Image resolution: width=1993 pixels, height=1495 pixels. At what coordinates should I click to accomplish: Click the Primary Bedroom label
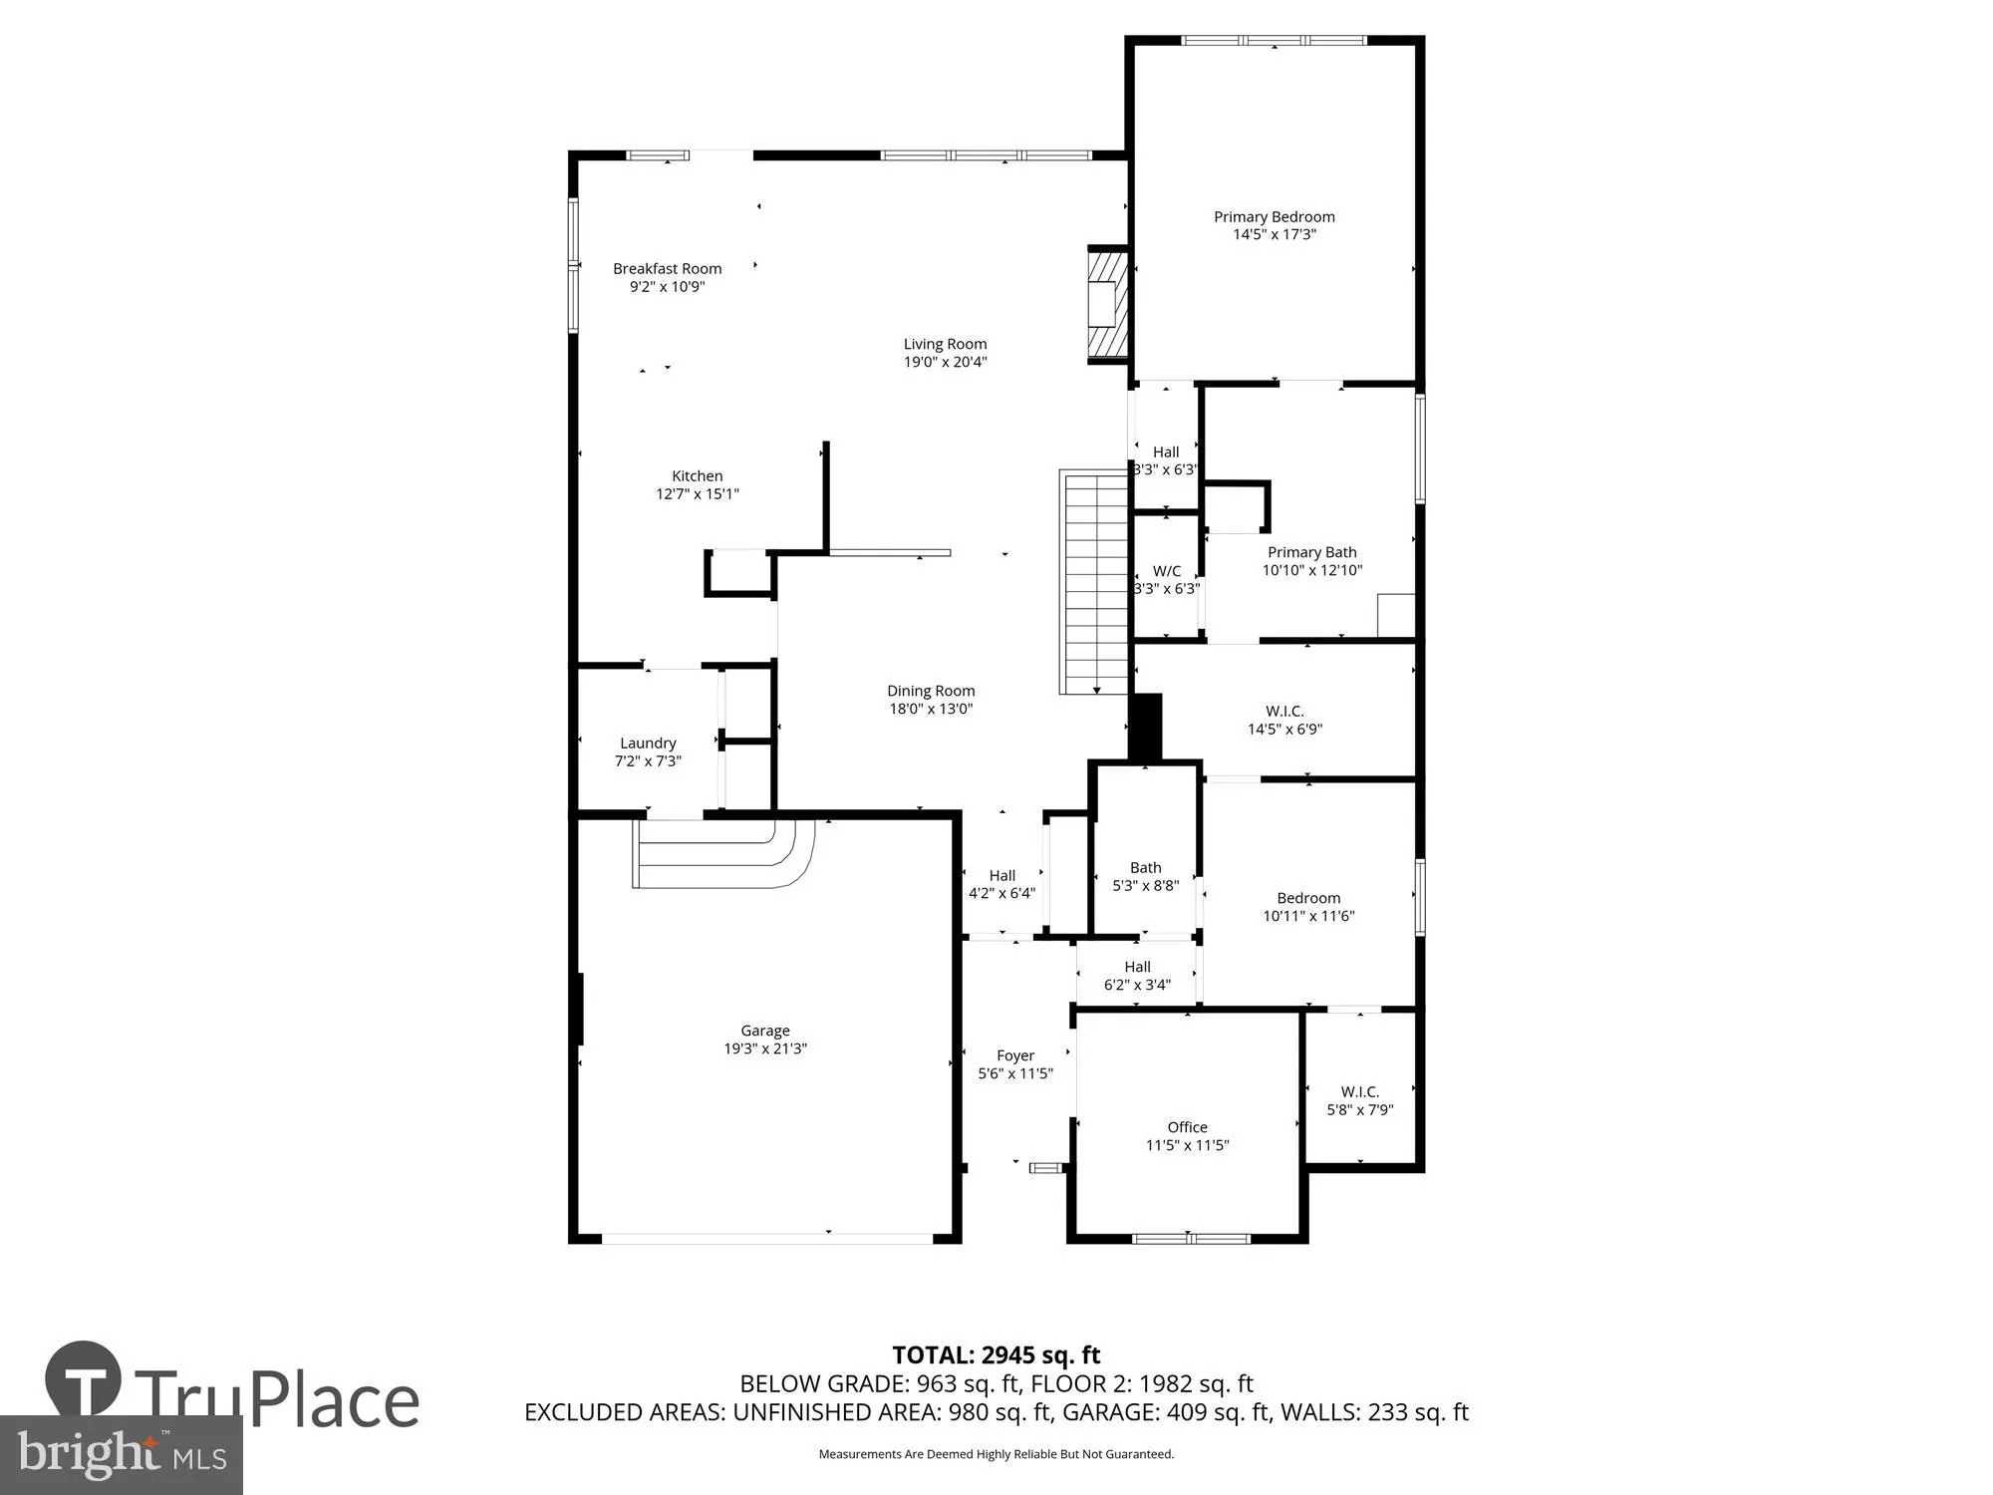(1274, 217)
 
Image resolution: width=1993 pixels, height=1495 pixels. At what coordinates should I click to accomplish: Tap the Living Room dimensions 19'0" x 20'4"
(945, 363)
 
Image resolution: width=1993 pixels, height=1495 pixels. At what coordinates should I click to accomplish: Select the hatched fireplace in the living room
(1107, 304)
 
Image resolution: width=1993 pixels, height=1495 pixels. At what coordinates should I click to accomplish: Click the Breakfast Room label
(667, 269)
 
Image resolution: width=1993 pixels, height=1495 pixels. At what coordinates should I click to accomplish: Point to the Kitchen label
(697, 476)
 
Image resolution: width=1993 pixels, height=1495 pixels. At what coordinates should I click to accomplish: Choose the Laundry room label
(648, 744)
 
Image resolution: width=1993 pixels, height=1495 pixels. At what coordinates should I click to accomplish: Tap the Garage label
(764, 1031)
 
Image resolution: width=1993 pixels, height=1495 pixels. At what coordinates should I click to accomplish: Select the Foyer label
(1015, 1055)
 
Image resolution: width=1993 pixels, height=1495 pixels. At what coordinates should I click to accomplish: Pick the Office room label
(1187, 1127)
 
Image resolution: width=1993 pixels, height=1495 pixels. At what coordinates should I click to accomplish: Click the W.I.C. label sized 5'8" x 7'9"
(1359, 1092)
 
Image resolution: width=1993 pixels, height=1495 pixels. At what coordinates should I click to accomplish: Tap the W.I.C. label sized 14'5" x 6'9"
(1284, 712)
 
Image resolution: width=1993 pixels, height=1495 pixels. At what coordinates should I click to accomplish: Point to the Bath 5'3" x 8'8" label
(1145, 868)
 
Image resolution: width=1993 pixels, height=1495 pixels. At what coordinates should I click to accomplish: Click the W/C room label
(1166, 571)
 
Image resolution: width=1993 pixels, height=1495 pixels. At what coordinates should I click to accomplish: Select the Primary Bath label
(1311, 552)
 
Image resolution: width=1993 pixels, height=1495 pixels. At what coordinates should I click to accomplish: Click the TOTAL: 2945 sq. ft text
(996, 1355)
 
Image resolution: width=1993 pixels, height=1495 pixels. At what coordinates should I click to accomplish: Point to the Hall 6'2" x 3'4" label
(1137, 967)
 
